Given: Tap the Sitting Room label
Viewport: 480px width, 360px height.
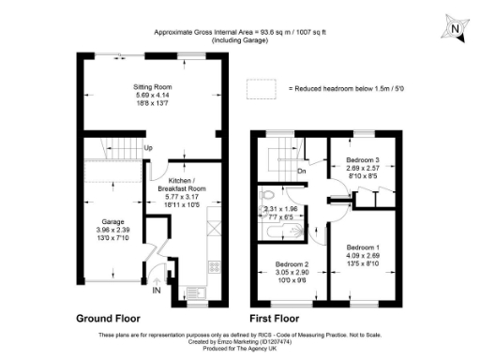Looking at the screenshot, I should click(154, 86).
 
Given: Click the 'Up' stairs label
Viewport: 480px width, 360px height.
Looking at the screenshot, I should click(148, 148).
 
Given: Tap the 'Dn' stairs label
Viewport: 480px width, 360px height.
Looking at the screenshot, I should click(302, 171).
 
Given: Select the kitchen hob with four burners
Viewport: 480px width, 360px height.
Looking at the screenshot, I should click(213, 266).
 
